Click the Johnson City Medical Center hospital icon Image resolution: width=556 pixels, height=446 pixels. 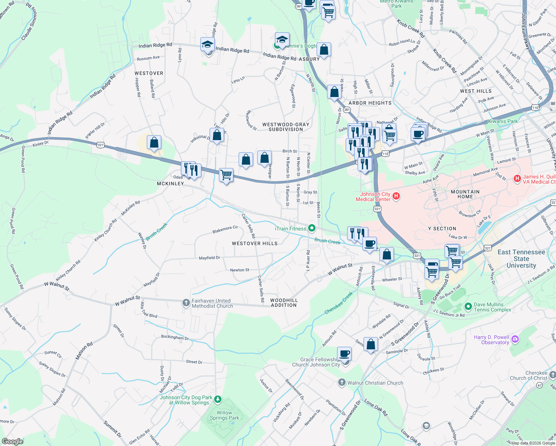(x=396, y=196)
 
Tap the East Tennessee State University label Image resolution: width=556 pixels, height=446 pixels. (x=521, y=259)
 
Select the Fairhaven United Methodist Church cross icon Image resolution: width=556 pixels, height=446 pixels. (x=186, y=303)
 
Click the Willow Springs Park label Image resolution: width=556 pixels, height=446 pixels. (x=224, y=415)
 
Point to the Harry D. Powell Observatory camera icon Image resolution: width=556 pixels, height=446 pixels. (x=515, y=339)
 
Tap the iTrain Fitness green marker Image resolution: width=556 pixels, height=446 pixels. (x=312, y=228)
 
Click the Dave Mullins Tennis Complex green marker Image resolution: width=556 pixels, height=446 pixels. (x=468, y=307)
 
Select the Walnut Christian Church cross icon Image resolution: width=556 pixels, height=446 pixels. (x=342, y=382)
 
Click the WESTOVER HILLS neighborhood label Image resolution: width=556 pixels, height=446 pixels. (x=255, y=243)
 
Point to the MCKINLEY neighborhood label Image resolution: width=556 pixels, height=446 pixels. (x=170, y=184)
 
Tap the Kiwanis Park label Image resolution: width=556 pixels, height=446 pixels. (x=502, y=121)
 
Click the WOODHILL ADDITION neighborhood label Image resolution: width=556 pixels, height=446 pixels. (x=284, y=303)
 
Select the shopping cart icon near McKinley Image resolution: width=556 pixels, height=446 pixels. (x=226, y=174)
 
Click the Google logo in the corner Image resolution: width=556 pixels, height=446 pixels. (x=12, y=441)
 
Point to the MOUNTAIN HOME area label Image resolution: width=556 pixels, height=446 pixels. (x=465, y=194)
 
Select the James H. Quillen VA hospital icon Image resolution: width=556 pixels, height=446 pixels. (x=517, y=179)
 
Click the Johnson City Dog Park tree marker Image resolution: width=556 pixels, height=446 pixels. (x=218, y=400)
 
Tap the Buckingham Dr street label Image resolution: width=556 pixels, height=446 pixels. (x=175, y=337)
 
